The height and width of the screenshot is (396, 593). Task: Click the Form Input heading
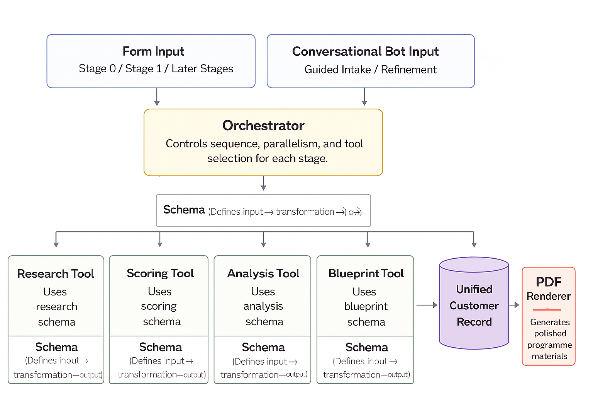click(153, 51)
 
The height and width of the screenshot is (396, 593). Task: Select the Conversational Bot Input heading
click(365, 51)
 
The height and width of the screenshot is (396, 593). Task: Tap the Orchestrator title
click(263, 126)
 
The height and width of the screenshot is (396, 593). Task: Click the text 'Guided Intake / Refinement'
click(370, 70)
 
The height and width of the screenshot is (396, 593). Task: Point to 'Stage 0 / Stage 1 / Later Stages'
click(156, 69)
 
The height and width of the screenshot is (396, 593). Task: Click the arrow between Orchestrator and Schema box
click(263, 183)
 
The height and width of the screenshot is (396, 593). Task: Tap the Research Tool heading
click(56, 274)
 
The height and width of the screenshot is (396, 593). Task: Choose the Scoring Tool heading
click(160, 273)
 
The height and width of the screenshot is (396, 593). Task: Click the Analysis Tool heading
click(263, 274)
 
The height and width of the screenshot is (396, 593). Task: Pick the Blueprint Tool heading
click(366, 274)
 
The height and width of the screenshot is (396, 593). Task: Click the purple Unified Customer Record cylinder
click(474, 305)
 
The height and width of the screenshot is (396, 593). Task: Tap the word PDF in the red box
click(548, 282)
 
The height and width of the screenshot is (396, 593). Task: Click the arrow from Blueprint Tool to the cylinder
click(427, 305)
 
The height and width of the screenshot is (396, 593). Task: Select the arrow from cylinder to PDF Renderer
click(515, 305)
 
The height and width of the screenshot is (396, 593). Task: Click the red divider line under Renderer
click(547, 310)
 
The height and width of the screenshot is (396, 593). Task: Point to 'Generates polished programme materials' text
click(550, 339)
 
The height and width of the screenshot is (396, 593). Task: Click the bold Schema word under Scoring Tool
click(160, 347)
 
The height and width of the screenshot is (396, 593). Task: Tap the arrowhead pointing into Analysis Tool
click(263, 244)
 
